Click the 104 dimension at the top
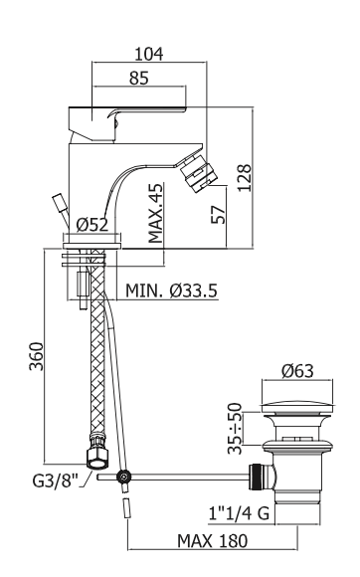click(x=149, y=54)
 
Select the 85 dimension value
click(x=139, y=78)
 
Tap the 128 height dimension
click(x=245, y=178)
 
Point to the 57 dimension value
click(x=218, y=215)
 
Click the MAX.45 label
click(x=155, y=214)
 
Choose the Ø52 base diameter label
click(x=92, y=224)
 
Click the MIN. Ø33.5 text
click(x=172, y=290)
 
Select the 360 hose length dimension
click(x=37, y=356)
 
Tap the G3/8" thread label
click(x=56, y=481)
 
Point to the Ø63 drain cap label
click(x=298, y=370)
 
